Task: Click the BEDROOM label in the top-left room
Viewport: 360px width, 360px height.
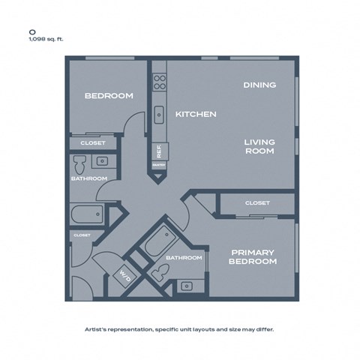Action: coord(109,95)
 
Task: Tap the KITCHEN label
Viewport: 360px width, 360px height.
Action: coord(196,114)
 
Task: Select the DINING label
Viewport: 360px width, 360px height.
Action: coord(259,85)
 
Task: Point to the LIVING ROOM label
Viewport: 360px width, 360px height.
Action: coord(259,146)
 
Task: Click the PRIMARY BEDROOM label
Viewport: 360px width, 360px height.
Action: coord(253,256)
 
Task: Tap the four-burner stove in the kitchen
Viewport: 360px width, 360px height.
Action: coord(159,81)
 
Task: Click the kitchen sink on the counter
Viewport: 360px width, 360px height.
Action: coord(159,114)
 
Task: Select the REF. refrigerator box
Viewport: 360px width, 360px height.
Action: coord(159,150)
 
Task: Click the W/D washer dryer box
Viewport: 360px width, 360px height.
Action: coord(123,274)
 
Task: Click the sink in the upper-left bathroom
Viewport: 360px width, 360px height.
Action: coord(101,160)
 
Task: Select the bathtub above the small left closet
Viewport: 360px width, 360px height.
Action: coord(88,215)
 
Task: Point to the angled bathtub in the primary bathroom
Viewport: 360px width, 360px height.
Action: coord(158,241)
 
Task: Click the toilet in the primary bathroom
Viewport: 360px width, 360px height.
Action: coord(158,275)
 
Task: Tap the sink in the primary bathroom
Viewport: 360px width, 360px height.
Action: coord(186,286)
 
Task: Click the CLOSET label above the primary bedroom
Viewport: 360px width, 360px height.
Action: coord(257,203)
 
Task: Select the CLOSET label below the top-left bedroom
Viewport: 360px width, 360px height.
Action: coord(93,142)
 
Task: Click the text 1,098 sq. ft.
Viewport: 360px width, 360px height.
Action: coord(46,40)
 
